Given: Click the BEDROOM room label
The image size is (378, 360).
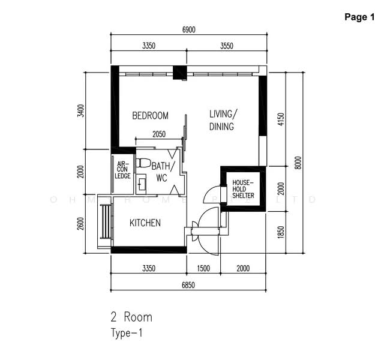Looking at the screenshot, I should [150, 116].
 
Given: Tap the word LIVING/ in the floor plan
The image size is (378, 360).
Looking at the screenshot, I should [223, 113].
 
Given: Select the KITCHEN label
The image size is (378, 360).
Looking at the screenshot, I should [145, 223].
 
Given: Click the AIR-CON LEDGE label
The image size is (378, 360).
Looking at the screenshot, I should [123, 170].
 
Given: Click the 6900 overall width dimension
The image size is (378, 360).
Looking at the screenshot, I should [188, 30].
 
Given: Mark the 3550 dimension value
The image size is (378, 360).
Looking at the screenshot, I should [226, 46].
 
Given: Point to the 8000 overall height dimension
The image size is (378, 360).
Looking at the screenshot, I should [298, 163].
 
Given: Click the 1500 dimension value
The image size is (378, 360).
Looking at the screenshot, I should [204, 268].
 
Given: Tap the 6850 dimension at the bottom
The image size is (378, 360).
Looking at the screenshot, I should [188, 284].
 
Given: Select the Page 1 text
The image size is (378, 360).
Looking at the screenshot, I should [359, 17].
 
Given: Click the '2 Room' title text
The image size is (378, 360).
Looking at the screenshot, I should [131, 317].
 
